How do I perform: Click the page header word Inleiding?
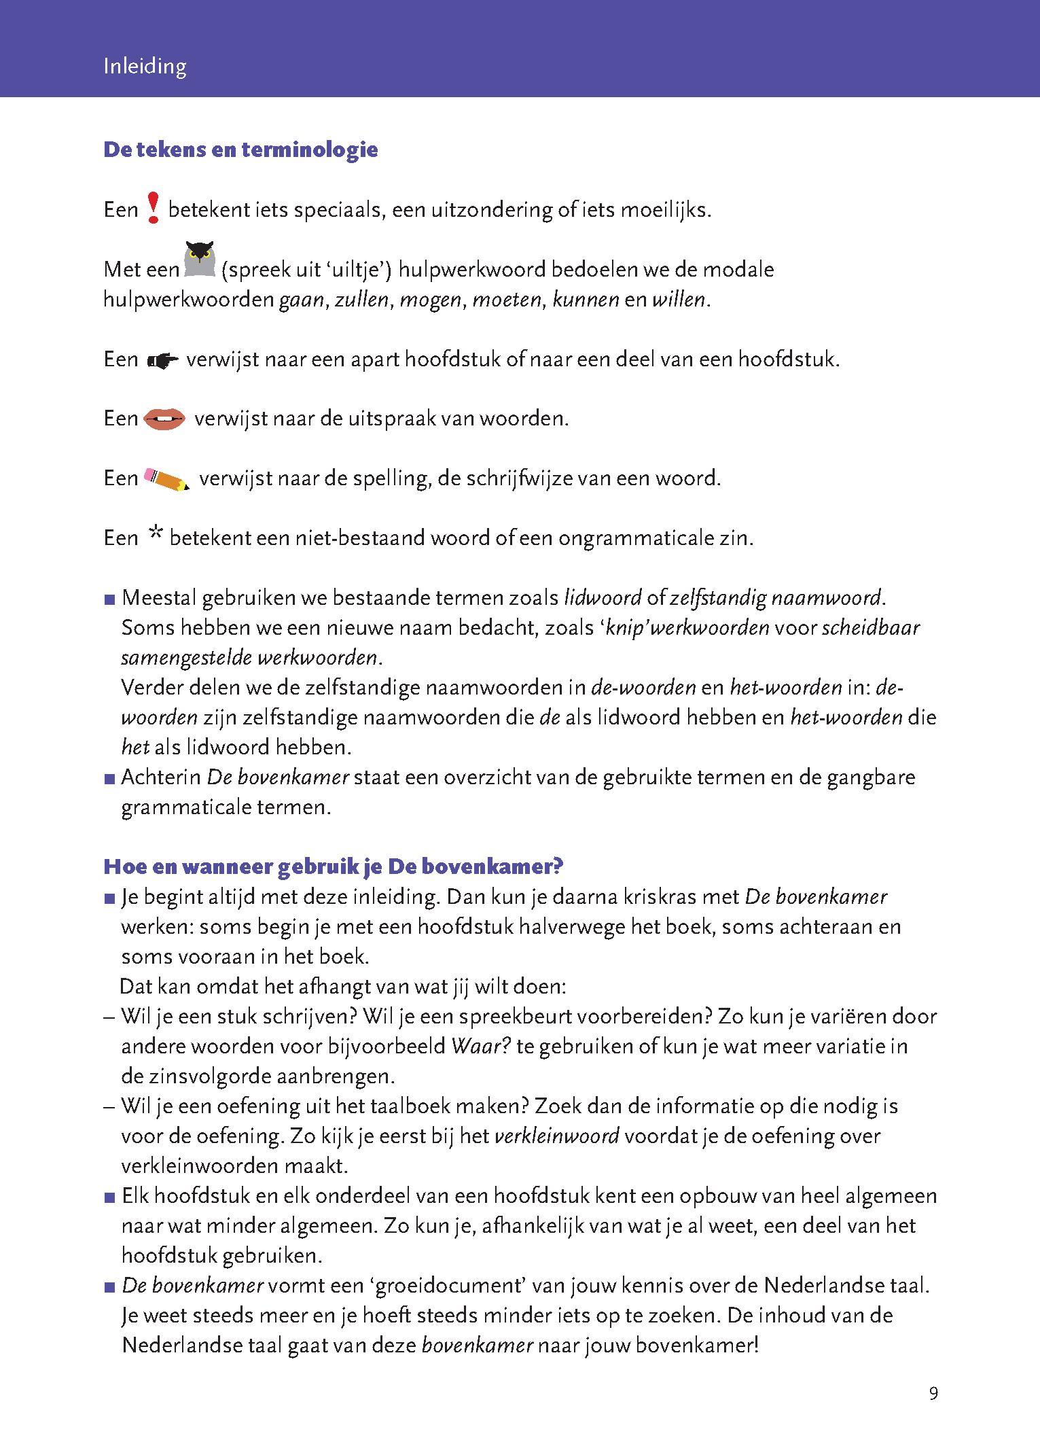point(145,67)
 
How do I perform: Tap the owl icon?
point(200,260)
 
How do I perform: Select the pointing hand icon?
point(162,360)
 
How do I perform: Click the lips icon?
point(164,419)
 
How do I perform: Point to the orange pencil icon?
point(166,479)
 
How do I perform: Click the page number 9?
point(933,1394)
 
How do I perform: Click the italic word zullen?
point(362,300)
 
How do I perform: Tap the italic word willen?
point(679,300)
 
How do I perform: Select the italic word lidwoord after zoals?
point(603,598)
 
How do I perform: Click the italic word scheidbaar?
point(870,628)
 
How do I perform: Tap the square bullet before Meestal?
point(110,600)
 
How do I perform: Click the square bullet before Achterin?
point(110,779)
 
